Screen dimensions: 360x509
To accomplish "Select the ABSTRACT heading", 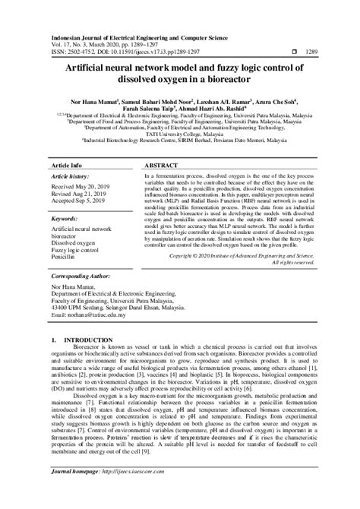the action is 162,164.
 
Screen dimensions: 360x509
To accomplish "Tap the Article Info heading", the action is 68,164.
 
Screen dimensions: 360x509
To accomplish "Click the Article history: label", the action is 70,175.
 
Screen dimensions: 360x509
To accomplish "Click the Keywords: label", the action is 65,218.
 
